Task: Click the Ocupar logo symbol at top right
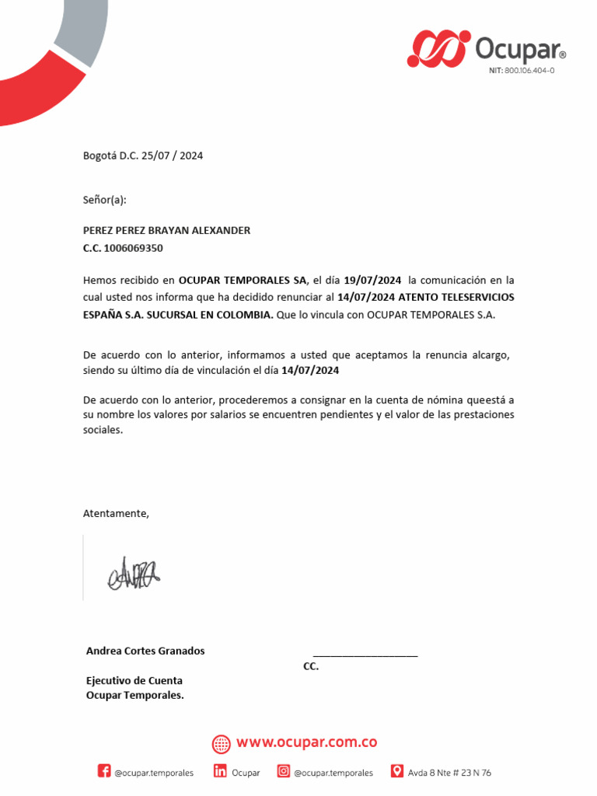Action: click(x=438, y=48)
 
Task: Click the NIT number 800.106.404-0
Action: click(x=529, y=71)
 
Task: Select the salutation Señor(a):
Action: click(x=104, y=200)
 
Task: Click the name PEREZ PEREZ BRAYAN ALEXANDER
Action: click(x=166, y=231)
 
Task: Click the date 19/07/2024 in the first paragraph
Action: click(x=372, y=280)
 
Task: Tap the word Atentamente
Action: click(x=115, y=513)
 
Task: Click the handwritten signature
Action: click(x=134, y=574)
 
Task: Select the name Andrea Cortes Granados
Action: click(x=145, y=651)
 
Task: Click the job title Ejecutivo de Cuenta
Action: click(x=134, y=680)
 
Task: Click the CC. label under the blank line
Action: click(x=311, y=667)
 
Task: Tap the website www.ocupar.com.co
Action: click(x=307, y=742)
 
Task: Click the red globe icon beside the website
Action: click(x=222, y=744)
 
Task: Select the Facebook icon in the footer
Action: click(x=104, y=771)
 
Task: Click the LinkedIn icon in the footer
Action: click(x=220, y=771)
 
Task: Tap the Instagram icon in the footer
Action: click(x=284, y=771)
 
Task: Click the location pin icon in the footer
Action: click(x=396, y=771)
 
